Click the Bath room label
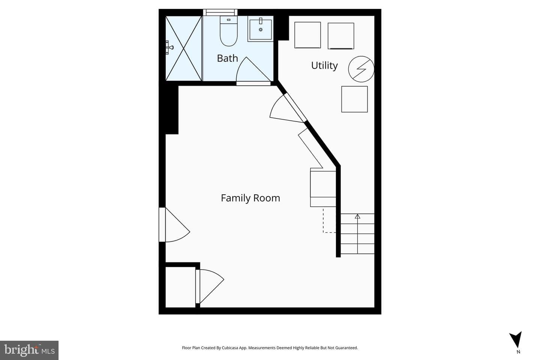pyautogui.click(x=227, y=58)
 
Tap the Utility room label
pyautogui.click(x=324, y=65)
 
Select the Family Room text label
pyautogui.click(x=250, y=198)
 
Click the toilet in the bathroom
pyautogui.click(x=228, y=31)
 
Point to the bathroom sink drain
pyautogui.click(x=261, y=30)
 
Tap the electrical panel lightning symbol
pyautogui.click(x=361, y=69)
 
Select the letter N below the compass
pyautogui.click(x=518, y=352)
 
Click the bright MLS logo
pyautogui.click(x=29, y=350)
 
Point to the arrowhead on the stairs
pyautogui.click(x=357, y=216)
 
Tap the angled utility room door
pyautogui.click(x=288, y=108)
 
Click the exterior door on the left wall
pyautogui.click(x=174, y=225)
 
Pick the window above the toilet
pyautogui.click(x=220, y=12)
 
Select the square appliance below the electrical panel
pyautogui.click(x=354, y=99)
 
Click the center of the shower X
pyautogui.click(x=183, y=48)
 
